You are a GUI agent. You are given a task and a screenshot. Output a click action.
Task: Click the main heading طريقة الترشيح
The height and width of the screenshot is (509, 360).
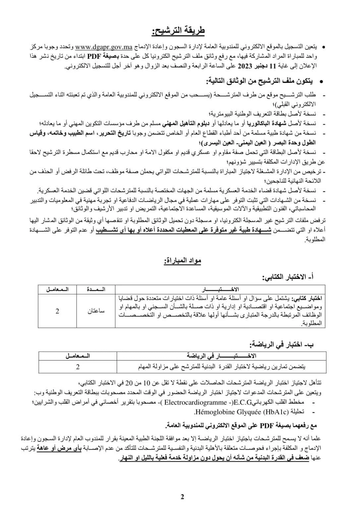tap(178, 31)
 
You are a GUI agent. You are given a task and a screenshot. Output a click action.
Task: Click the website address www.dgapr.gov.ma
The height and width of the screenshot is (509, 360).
tap(104, 46)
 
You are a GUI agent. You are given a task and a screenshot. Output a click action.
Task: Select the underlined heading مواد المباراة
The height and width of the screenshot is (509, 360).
tap(182, 261)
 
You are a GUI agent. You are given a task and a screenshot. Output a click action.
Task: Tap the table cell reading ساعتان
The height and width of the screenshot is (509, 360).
tap(96, 311)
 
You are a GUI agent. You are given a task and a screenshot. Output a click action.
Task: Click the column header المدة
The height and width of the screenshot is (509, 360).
tap(96, 289)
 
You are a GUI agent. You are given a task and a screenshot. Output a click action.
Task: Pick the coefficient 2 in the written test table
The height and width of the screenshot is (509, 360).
tap(57, 311)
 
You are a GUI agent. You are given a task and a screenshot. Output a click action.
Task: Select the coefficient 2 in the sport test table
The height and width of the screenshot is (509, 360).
tap(78, 367)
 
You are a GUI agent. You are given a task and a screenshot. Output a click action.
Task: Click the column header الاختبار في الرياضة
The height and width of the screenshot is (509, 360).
tap(221, 356)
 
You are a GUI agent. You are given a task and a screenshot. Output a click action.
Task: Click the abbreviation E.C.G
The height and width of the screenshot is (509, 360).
tap(243, 403)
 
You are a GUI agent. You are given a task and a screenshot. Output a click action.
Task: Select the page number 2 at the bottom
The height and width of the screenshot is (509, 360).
tap(182, 497)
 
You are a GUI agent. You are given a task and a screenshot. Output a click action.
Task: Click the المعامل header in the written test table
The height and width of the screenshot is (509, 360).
tap(57, 289)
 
